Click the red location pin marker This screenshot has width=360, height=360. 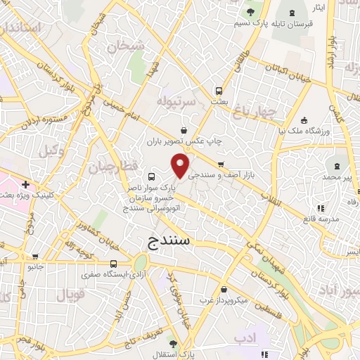[x=181, y=166]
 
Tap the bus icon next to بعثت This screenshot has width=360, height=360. [x=219, y=91]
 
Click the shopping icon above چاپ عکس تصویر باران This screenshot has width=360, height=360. [x=184, y=129]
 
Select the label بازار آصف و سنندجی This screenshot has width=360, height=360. [x=231, y=174]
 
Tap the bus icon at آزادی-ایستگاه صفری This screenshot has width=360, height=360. [x=113, y=264]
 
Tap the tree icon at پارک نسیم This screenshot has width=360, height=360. [x=250, y=13]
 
